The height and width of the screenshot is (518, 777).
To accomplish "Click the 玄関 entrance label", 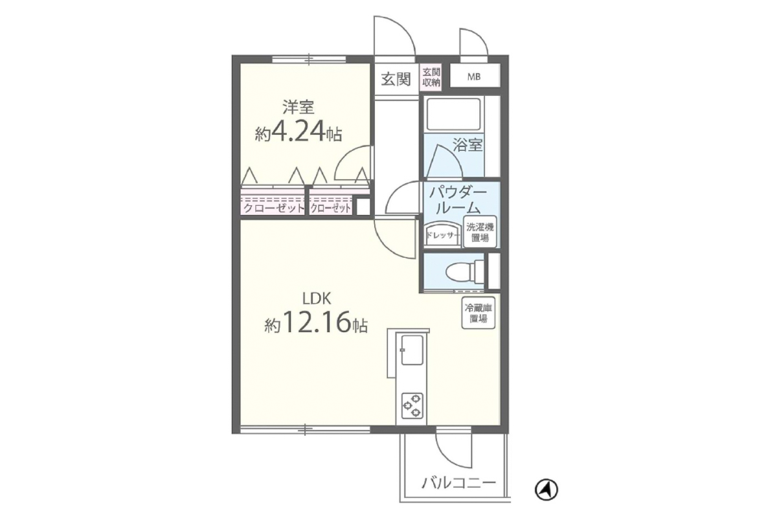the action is tap(396, 79).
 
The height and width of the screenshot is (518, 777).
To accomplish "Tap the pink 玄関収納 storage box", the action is tap(431, 77).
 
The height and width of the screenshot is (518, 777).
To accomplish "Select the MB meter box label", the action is tap(474, 77).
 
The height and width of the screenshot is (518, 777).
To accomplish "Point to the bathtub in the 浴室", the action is tap(453, 114).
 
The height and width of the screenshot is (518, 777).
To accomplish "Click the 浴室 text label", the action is tap(467, 145).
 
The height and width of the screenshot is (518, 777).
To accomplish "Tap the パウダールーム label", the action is tap(458, 201).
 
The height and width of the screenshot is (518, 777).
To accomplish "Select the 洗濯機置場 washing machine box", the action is tap(480, 232).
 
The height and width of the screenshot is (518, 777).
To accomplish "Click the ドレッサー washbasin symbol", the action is tap(443, 234).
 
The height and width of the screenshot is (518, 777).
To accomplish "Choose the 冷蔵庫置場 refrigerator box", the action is tap(479, 313).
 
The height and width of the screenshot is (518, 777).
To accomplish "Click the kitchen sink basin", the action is tap(412, 350).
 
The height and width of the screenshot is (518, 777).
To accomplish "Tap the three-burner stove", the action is tap(412, 405).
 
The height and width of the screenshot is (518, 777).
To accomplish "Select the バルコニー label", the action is tap(458, 482).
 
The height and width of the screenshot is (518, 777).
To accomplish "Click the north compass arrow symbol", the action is tap(546, 490).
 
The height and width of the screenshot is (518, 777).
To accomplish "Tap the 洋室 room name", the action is tap(298, 107).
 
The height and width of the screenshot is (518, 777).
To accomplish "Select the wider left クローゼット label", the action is tap(273, 208).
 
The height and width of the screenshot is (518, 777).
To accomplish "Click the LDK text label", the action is tap(317, 298).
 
